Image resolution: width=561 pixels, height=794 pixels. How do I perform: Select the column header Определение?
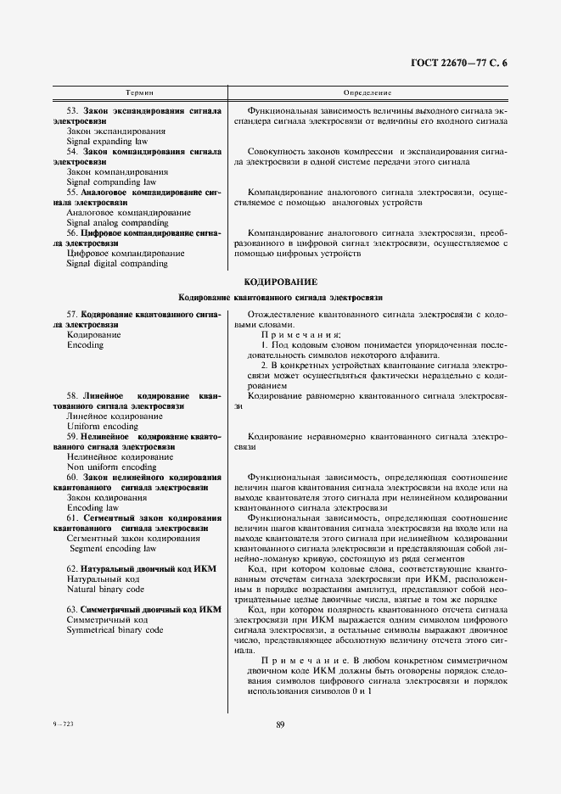coord(367,91)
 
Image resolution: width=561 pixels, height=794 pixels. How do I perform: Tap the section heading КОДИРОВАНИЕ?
coord(280,281)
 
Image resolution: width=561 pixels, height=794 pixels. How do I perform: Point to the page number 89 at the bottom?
coord(280,724)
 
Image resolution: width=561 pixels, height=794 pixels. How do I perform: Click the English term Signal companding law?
coord(111,182)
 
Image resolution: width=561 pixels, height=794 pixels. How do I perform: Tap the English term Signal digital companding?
coord(116,263)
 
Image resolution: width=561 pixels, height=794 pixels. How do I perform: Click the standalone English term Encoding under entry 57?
coord(85,345)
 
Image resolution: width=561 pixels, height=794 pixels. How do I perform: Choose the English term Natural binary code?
coord(105,588)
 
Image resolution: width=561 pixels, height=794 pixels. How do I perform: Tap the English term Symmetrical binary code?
coord(115,630)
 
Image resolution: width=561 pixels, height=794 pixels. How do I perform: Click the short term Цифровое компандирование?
coord(125,253)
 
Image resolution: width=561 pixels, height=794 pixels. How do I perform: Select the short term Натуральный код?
coord(103,578)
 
